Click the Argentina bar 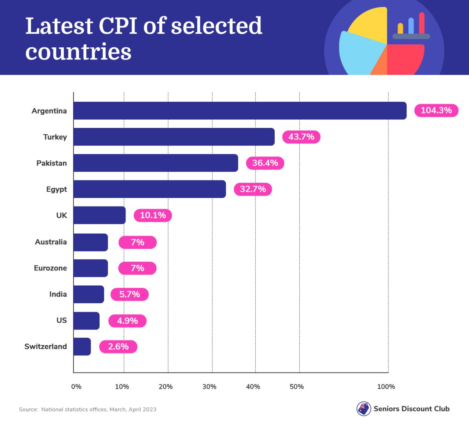coord(240,111)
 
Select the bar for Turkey coord(174,137)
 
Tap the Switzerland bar coord(82,347)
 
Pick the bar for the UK coord(99,215)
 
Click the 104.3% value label coord(436,111)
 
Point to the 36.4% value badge coord(265,163)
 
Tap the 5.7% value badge coord(129,294)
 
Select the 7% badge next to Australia coord(138,243)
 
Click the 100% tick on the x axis coord(386,387)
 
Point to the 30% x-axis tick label coord(209,387)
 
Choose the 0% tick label coord(76,387)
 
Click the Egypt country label coord(56,189)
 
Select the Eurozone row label coord(50,268)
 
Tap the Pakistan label coord(52,163)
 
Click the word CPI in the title coord(118,26)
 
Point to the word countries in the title coord(78,52)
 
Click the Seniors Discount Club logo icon coord(363,409)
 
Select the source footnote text coord(88,409)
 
